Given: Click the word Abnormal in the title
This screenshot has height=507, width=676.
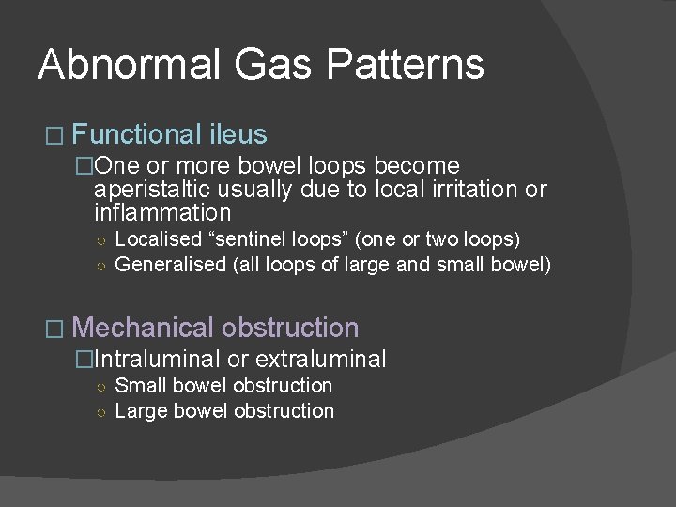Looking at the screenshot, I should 128,66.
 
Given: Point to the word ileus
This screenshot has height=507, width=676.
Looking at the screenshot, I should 238,134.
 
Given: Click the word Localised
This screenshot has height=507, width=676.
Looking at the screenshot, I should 158,239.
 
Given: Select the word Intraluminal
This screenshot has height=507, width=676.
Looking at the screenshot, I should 158,359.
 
